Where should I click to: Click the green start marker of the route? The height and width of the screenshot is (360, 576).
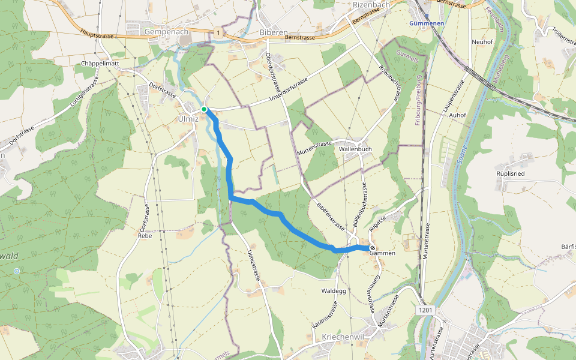pyautogui.click(x=204, y=109)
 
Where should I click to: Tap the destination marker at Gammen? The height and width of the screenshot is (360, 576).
pyautogui.click(x=373, y=248)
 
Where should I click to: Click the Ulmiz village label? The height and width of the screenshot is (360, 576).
pyautogui.click(x=188, y=119)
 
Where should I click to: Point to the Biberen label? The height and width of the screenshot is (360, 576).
pyautogui.click(x=274, y=32)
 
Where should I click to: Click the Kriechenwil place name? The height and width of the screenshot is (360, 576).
pyautogui.click(x=343, y=337)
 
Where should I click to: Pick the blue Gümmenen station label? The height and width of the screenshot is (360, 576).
pyautogui.click(x=427, y=23)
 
